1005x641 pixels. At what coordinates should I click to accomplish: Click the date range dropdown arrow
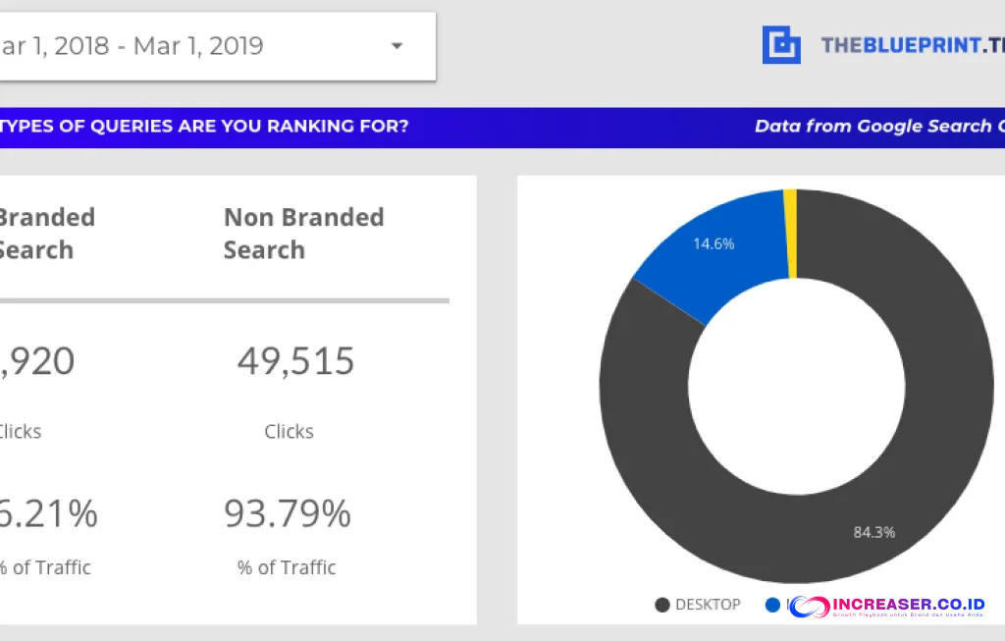point(397,46)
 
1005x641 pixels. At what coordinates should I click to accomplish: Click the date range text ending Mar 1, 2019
point(132,46)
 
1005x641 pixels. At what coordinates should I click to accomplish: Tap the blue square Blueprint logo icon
point(781,45)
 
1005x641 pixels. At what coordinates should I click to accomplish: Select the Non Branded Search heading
point(303,234)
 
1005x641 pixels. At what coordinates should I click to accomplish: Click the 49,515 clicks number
point(295,361)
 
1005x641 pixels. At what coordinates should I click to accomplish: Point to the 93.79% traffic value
point(288,513)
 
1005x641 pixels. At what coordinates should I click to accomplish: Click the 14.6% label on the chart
point(714,243)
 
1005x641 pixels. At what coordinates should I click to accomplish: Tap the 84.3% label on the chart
point(873,532)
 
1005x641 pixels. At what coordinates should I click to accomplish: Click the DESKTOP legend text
point(708,605)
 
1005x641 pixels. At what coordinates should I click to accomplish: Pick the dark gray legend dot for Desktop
point(662,605)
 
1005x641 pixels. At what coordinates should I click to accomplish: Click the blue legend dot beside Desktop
point(772,605)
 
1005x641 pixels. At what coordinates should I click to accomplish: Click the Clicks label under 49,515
point(289,432)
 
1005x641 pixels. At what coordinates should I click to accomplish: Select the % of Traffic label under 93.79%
point(287,567)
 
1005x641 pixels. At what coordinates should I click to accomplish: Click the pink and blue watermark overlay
point(888,608)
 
